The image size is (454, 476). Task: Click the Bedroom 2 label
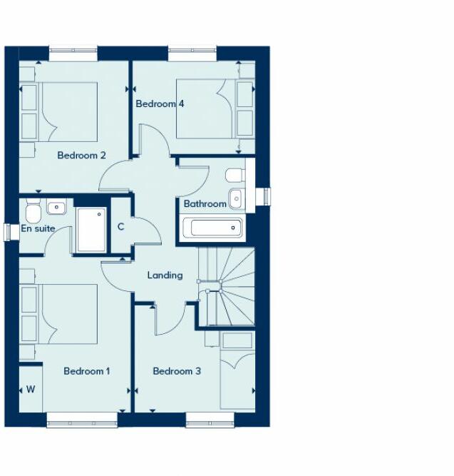point(82,156)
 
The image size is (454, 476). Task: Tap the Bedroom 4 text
point(160,104)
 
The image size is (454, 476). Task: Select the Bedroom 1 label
point(87,371)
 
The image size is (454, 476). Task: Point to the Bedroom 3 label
point(177,371)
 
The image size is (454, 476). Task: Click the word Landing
point(165,275)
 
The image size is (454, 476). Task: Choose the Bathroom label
point(205,204)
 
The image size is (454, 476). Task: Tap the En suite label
point(38,229)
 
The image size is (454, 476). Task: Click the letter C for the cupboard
point(120,227)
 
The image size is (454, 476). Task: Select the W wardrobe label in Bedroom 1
point(31,390)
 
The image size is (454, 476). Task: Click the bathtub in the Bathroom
point(213,228)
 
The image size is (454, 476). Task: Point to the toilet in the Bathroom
point(234,176)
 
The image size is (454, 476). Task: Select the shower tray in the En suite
point(91,229)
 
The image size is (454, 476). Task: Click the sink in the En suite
point(56,208)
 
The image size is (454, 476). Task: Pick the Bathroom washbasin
point(237,198)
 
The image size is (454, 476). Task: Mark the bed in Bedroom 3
point(237,371)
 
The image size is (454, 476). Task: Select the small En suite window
point(10,233)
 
